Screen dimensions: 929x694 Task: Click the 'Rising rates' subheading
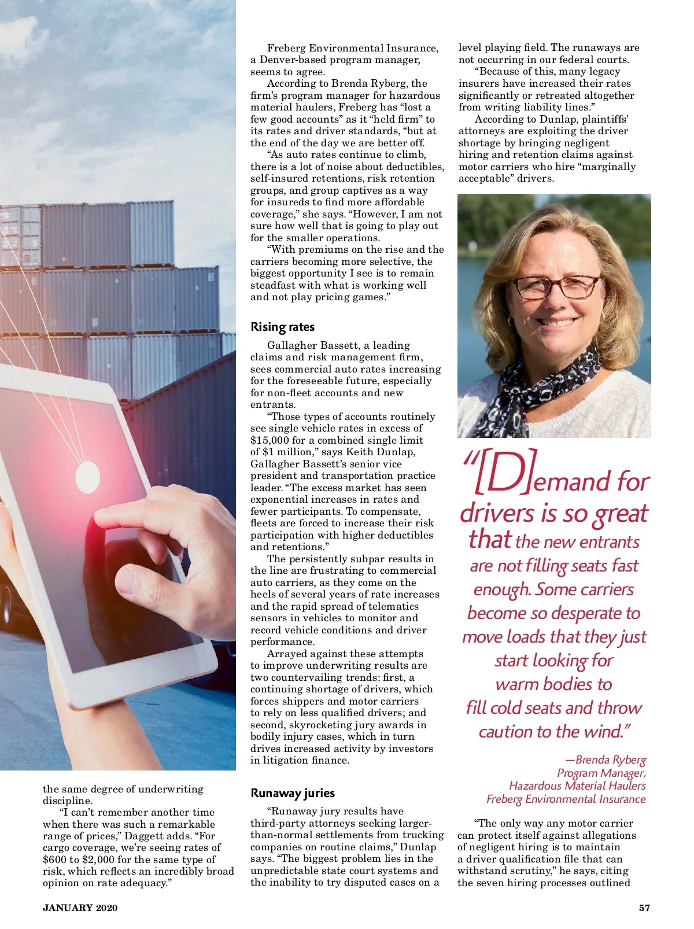(x=282, y=327)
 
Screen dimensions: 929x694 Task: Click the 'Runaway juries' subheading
(x=293, y=793)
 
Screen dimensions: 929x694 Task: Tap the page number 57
(x=644, y=908)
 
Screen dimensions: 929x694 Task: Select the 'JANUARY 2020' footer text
(x=80, y=908)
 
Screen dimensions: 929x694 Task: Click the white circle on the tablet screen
(x=87, y=475)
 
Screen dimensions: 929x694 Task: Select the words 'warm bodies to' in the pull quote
(x=553, y=684)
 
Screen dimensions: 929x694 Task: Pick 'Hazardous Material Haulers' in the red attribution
(x=577, y=786)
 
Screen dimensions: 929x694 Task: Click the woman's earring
(x=511, y=320)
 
